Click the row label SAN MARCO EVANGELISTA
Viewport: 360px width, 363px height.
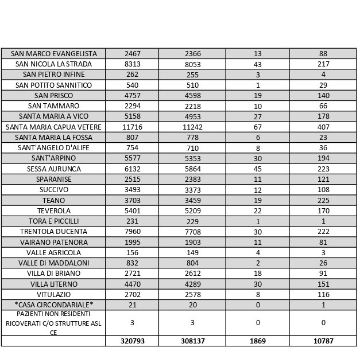(x=53, y=53)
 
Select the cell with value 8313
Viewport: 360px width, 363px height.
(x=132, y=64)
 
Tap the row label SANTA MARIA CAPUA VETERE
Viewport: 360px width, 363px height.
(x=53, y=127)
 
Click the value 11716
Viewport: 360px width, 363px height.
(x=132, y=127)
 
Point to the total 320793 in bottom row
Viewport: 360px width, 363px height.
(x=132, y=341)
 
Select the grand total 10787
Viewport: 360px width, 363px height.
(x=323, y=341)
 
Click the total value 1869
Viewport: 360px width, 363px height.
(x=258, y=341)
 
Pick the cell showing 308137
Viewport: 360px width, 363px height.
(x=192, y=341)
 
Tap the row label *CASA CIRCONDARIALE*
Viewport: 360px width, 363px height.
(x=53, y=305)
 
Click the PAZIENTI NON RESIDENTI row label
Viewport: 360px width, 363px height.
(x=53, y=323)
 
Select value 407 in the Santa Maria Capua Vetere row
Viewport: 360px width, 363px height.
(x=323, y=127)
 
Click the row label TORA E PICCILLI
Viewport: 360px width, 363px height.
(x=53, y=221)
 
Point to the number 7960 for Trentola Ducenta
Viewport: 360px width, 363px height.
(x=132, y=232)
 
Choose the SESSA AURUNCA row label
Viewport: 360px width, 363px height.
(x=53, y=169)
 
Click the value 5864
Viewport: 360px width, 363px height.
(x=192, y=169)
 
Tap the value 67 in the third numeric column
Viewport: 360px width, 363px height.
(x=258, y=127)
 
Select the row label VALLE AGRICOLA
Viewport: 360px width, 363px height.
(x=53, y=252)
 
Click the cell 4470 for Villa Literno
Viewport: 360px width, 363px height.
(x=132, y=284)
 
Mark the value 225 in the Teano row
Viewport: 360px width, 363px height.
(x=323, y=200)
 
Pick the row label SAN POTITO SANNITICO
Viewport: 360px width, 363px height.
(x=53, y=85)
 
